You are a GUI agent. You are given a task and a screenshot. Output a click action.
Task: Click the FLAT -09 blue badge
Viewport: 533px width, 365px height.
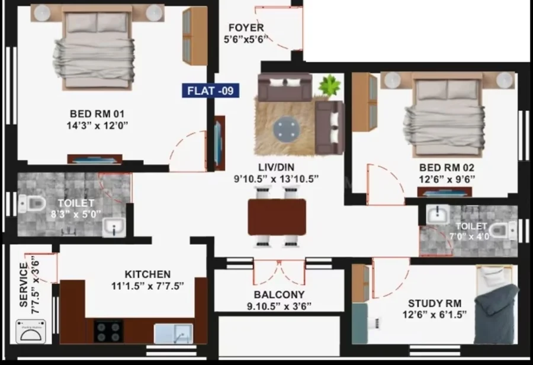coord(210,91)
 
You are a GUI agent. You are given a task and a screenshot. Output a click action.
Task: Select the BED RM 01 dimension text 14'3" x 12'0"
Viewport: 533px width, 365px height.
coord(97,125)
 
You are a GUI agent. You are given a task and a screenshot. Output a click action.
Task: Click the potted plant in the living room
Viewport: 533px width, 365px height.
coord(329,86)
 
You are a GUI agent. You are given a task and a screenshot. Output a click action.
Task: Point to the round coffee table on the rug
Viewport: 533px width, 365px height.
coord(287,129)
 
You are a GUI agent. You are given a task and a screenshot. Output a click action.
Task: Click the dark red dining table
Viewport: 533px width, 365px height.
coord(277,217)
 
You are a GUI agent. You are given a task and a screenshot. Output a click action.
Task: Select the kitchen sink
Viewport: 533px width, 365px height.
coord(174,334)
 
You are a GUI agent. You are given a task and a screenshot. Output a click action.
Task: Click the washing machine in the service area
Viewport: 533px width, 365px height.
coord(31,331)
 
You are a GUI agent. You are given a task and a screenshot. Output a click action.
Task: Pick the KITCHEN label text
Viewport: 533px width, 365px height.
coord(147,274)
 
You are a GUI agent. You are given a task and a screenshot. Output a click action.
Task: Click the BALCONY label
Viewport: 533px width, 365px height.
coord(280,295)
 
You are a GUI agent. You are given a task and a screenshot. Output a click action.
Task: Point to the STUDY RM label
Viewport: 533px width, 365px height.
coord(435,303)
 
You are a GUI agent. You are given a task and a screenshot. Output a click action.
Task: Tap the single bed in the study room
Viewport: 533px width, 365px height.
coord(496,304)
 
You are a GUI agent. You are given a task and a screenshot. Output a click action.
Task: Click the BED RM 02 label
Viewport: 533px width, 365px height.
coord(447,167)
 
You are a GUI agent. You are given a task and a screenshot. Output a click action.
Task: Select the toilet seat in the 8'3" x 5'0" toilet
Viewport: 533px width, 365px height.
coord(33,204)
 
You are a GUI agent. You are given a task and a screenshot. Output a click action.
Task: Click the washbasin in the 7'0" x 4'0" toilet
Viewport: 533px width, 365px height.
coord(438,215)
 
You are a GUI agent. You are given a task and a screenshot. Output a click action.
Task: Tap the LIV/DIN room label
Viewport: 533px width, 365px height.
coord(277,167)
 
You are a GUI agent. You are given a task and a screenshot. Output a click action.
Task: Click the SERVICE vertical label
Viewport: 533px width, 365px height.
coord(24,285)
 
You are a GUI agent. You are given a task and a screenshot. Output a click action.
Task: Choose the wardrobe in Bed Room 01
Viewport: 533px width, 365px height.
coord(195,35)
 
